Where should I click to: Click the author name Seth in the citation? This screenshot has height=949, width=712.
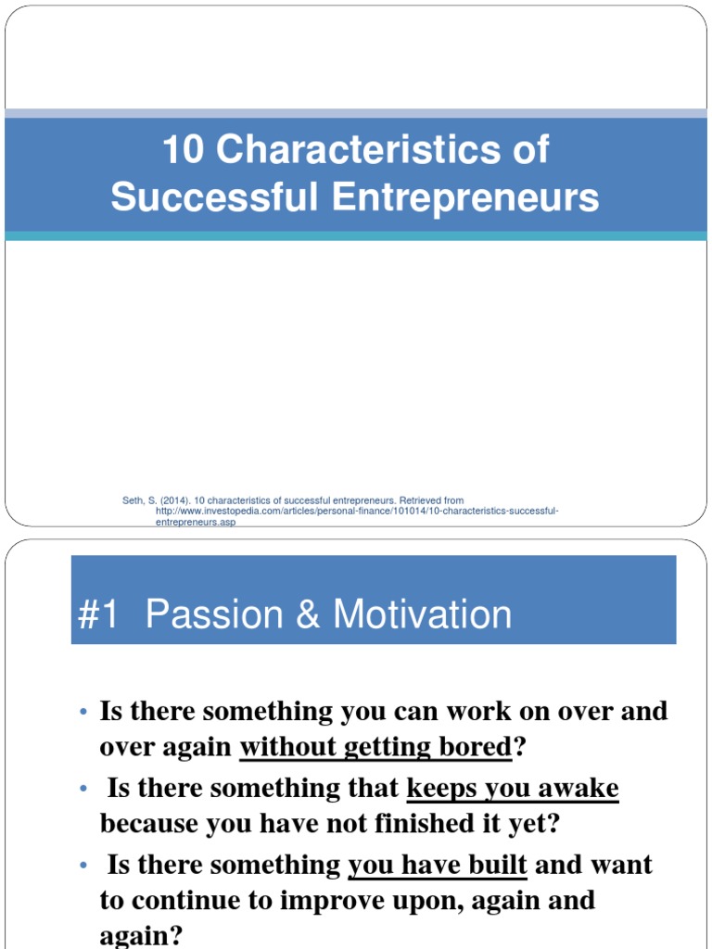(x=133, y=500)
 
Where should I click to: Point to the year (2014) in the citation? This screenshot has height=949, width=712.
(x=172, y=500)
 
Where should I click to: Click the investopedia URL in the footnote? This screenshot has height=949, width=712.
(x=357, y=512)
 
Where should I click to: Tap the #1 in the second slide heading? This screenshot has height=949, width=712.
(x=99, y=614)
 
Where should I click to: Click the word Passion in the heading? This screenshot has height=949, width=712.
(x=213, y=614)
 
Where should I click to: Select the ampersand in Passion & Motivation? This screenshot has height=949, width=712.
(x=307, y=614)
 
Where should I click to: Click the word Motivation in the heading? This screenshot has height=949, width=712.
(x=422, y=614)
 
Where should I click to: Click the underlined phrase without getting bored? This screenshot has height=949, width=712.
(x=375, y=748)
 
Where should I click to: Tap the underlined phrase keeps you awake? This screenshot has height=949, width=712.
(x=513, y=789)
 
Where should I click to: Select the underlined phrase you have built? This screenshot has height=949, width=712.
(x=437, y=866)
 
